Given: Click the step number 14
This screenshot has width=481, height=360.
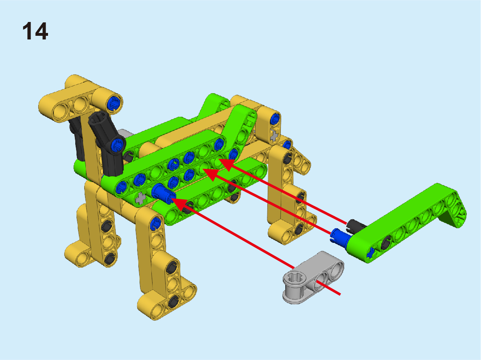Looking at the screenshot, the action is pos(35,31).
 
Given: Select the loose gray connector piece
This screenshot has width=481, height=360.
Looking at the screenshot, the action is pos(313,277).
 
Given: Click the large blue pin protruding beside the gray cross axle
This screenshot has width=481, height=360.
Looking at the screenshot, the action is pos(163,193).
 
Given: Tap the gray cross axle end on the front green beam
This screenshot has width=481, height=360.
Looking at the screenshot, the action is pos(141,199).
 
